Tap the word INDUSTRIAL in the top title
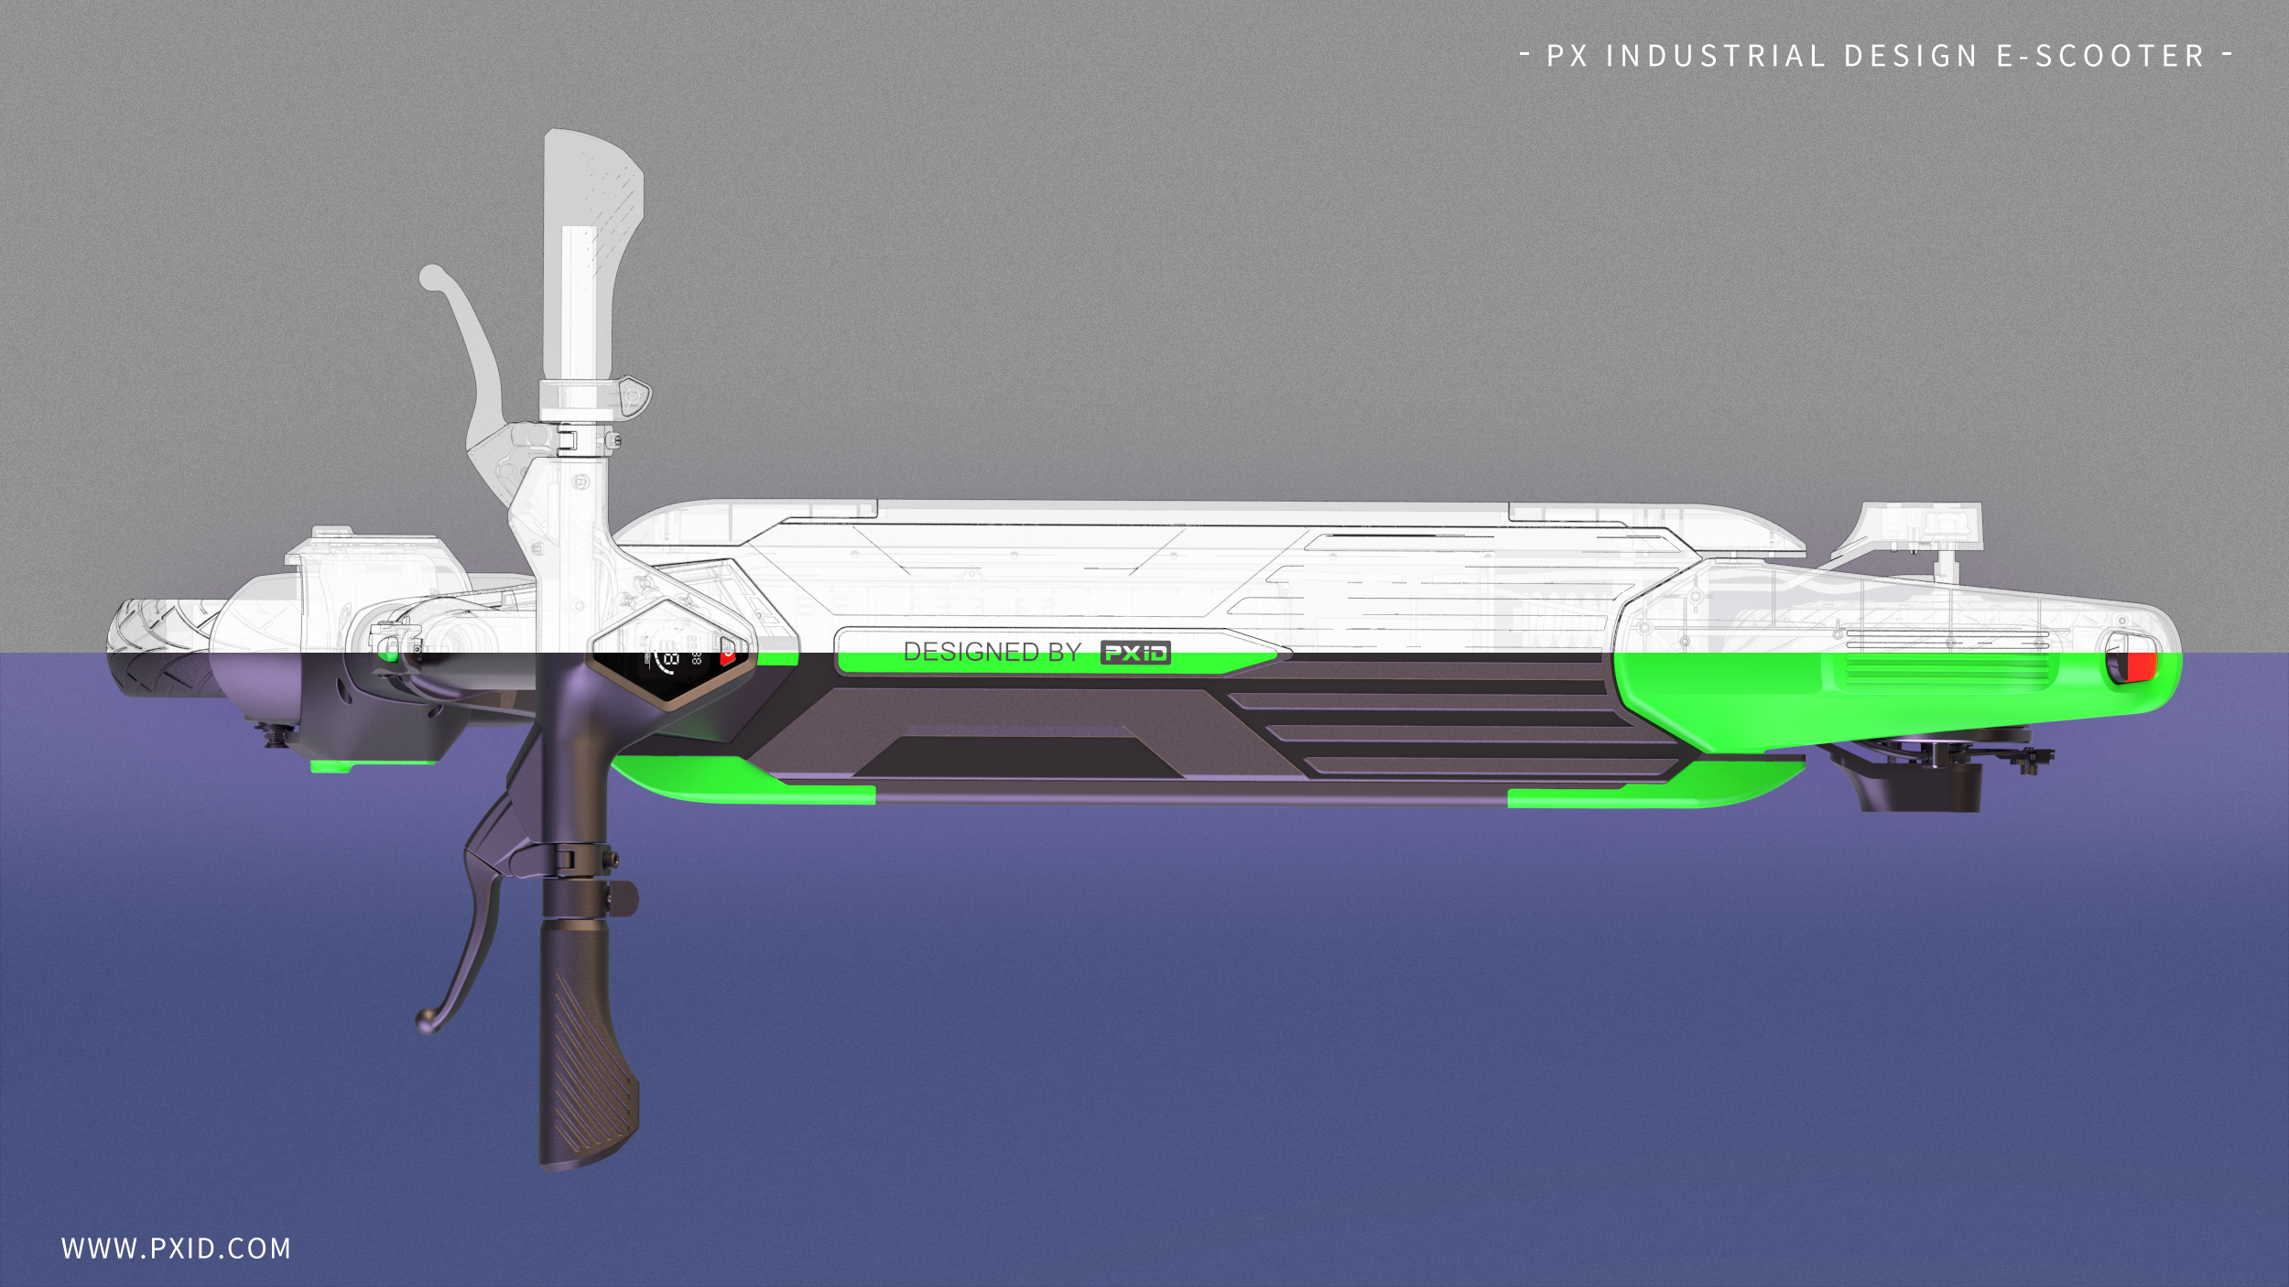point(1716,57)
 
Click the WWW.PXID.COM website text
point(176,1249)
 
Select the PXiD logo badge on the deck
point(1135,653)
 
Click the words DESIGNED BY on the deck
point(992,653)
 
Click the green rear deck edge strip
point(1648,787)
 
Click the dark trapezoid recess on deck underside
point(1016,758)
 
